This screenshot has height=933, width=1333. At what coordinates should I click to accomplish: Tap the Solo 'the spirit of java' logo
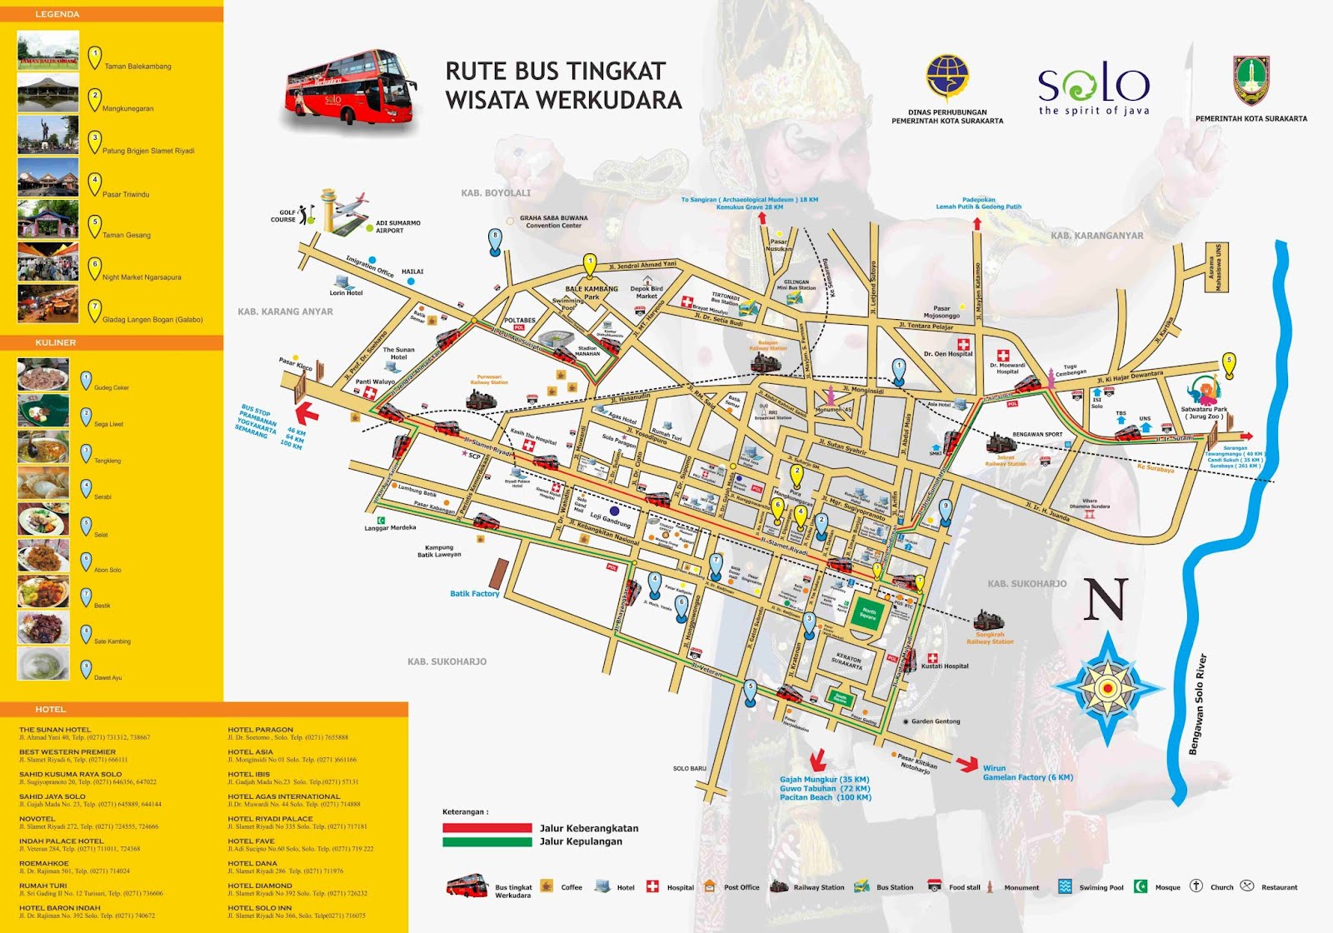tap(1093, 88)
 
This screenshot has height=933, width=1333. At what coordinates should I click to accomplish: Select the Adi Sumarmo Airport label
tap(398, 227)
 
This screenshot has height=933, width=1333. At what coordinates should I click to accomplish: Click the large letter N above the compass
tap(1105, 600)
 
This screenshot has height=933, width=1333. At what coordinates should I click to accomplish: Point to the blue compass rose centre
tap(1107, 688)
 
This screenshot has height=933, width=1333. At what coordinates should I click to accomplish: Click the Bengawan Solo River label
tap(1197, 705)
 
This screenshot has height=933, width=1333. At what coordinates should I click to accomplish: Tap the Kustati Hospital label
tap(945, 666)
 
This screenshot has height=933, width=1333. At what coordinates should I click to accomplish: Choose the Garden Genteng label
tap(936, 721)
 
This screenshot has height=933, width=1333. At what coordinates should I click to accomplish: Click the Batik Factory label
tap(475, 594)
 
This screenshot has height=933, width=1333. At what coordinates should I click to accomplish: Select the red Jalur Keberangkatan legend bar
tap(487, 828)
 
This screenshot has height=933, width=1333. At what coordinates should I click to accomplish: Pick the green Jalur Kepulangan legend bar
tap(487, 841)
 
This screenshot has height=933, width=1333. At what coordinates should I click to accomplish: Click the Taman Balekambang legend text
tap(137, 67)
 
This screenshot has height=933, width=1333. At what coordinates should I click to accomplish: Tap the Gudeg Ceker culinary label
tap(112, 388)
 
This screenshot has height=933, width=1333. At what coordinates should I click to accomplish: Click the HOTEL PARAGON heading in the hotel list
tap(261, 730)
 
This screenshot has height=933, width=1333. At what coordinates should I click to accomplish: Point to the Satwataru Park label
tap(1204, 412)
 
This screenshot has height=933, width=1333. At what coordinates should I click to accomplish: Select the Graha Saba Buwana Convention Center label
tap(554, 222)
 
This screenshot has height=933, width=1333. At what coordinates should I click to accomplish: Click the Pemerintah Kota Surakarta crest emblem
tap(1251, 81)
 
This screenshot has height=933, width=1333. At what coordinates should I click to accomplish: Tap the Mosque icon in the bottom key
tap(1141, 886)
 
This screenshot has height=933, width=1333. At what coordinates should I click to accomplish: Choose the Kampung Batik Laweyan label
tap(439, 551)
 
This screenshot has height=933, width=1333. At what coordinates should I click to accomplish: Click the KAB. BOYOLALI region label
tap(496, 193)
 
